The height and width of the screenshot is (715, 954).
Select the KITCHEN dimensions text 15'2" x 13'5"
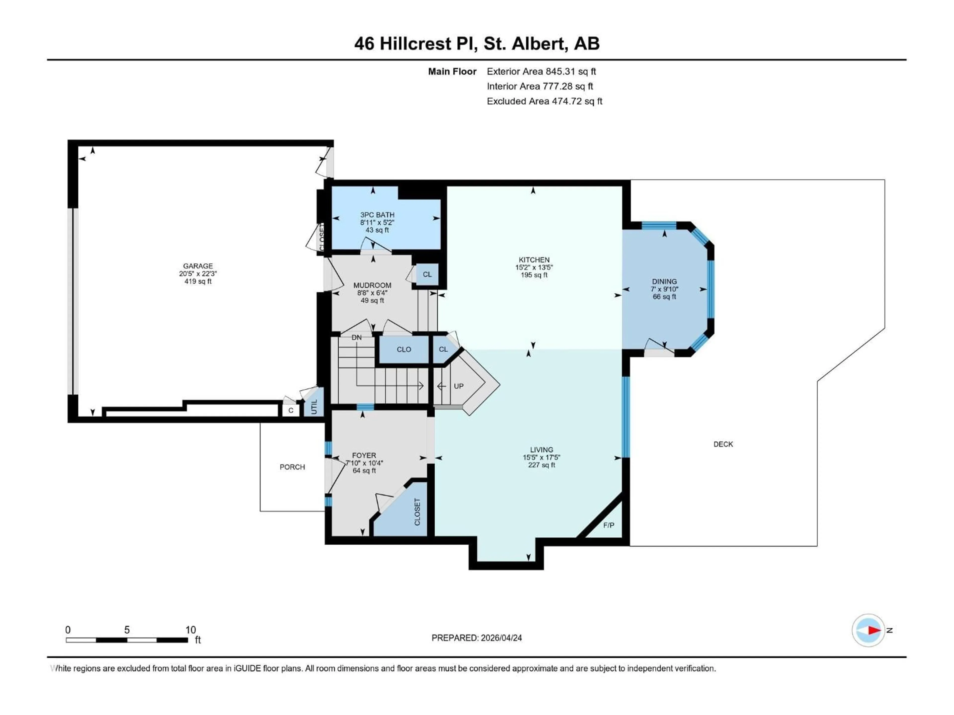(x=534, y=267)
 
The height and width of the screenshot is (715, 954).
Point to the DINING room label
(x=664, y=282)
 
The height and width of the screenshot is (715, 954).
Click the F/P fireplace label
(x=608, y=525)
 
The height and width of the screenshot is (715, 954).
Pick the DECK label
(x=723, y=444)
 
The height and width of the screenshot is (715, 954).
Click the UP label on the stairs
(x=458, y=386)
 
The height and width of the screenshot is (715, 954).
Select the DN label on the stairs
(x=356, y=337)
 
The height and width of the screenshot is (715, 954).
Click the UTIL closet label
(x=314, y=407)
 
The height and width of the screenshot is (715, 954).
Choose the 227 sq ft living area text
(x=541, y=465)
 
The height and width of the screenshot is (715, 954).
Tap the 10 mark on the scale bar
(x=191, y=630)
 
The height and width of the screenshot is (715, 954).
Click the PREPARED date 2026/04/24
(x=501, y=638)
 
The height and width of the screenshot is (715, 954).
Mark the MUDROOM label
(x=372, y=285)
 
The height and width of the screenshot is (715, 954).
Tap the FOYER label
(x=364, y=455)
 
